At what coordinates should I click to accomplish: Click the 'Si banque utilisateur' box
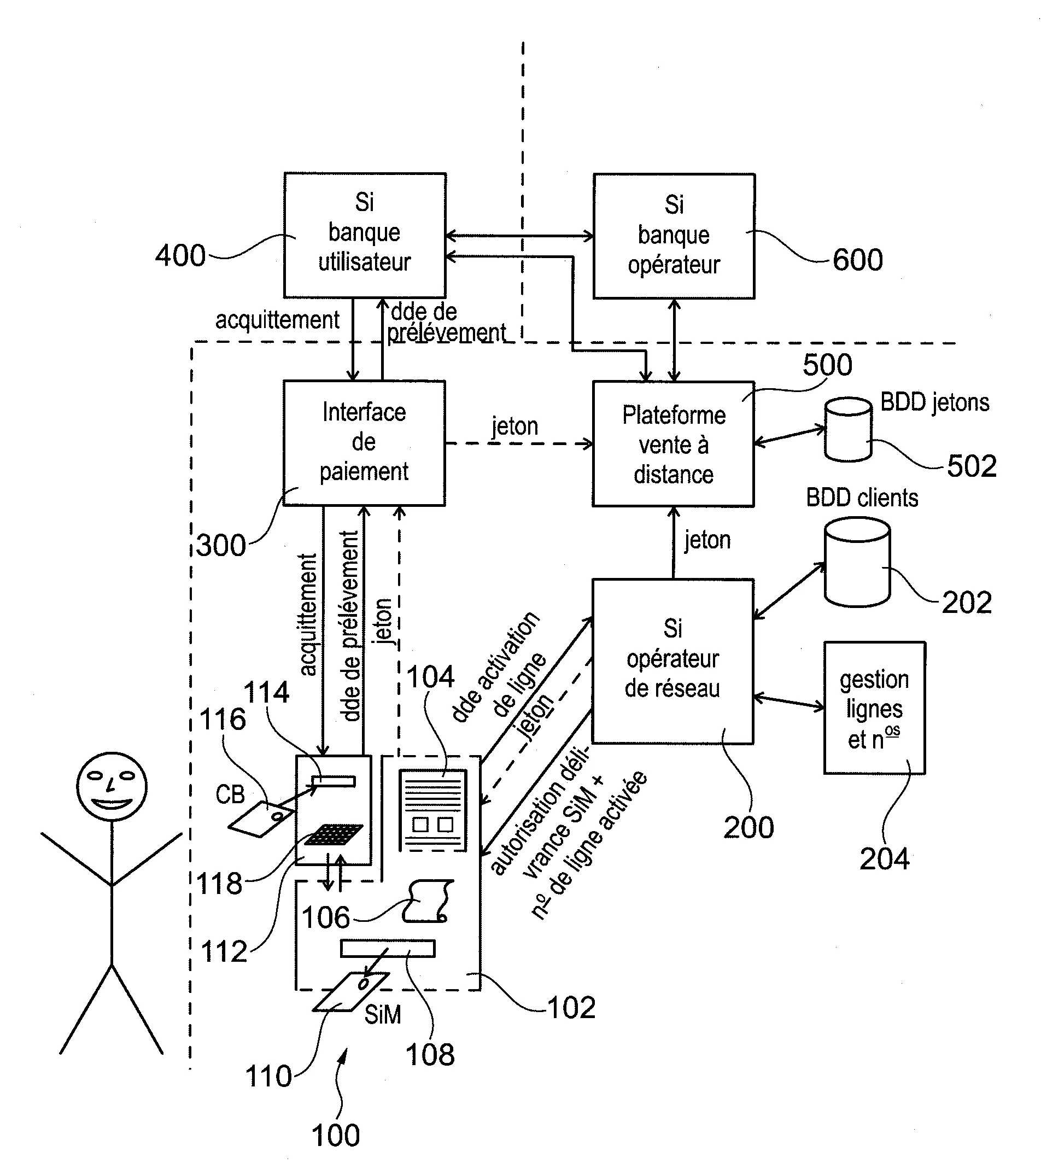365,235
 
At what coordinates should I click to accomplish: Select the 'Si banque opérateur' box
674,236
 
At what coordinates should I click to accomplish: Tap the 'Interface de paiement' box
364,443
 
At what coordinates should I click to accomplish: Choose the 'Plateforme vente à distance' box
673,444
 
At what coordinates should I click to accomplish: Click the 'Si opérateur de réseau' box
672,661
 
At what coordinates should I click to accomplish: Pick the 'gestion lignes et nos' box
874,708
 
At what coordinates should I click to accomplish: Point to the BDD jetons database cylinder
848,430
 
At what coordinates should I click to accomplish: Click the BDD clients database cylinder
857,562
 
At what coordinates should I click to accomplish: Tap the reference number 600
857,260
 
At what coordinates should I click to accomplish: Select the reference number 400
180,256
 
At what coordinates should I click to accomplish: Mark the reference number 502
972,466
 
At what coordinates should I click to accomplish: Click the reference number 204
884,859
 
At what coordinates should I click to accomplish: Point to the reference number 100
336,1135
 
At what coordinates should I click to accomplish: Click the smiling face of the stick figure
112,786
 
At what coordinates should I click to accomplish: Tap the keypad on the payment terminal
334,834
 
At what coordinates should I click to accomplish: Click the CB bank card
261,819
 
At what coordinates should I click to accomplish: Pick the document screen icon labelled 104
433,810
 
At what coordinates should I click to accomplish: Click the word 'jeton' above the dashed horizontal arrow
515,426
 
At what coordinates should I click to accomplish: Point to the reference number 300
221,546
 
